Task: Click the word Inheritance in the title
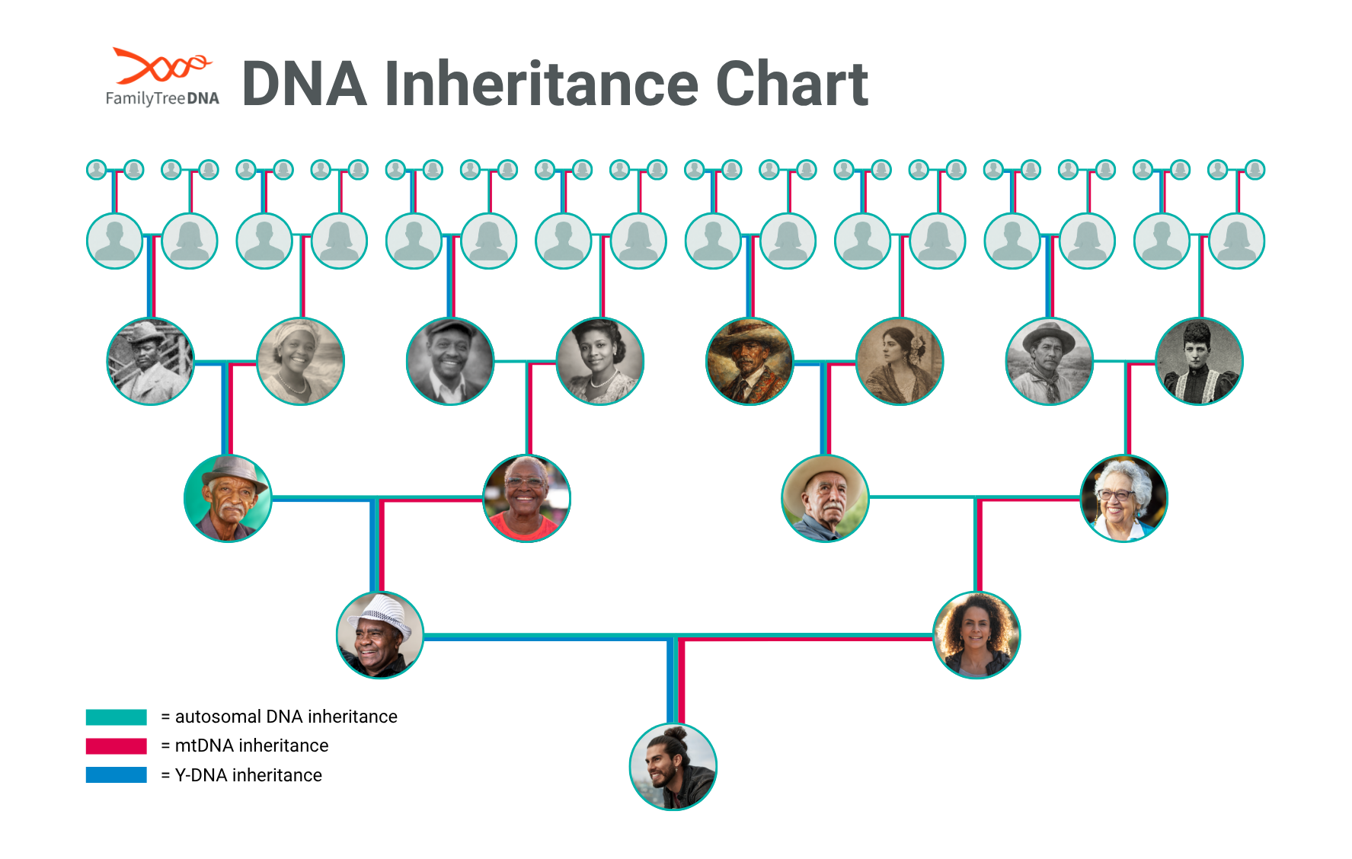pyautogui.click(x=541, y=84)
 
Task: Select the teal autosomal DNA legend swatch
pyautogui.click(x=116, y=717)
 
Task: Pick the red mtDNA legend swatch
pyautogui.click(x=116, y=746)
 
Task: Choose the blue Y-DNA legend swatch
pyautogui.click(x=116, y=774)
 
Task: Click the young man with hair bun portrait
pyautogui.click(x=673, y=767)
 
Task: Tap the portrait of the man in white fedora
pyautogui.click(x=380, y=635)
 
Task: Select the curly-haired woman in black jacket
pyautogui.click(x=976, y=635)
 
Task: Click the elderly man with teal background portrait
pyautogui.click(x=228, y=498)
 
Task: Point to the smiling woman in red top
pyautogui.click(x=526, y=498)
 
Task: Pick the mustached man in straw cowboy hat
pyautogui.click(x=825, y=498)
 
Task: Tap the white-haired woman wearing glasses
pyautogui.click(x=1123, y=498)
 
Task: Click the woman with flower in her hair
pyautogui.click(x=900, y=361)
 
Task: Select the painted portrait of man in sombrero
pyautogui.click(x=750, y=361)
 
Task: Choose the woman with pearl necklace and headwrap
pyautogui.click(x=300, y=361)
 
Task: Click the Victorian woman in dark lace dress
pyautogui.click(x=1199, y=361)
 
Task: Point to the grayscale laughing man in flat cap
pyautogui.click(x=450, y=361)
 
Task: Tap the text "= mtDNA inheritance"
pyautogui.click(x=245, y=746)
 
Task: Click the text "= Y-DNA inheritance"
pyautogui.click(x=241, y=775)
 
